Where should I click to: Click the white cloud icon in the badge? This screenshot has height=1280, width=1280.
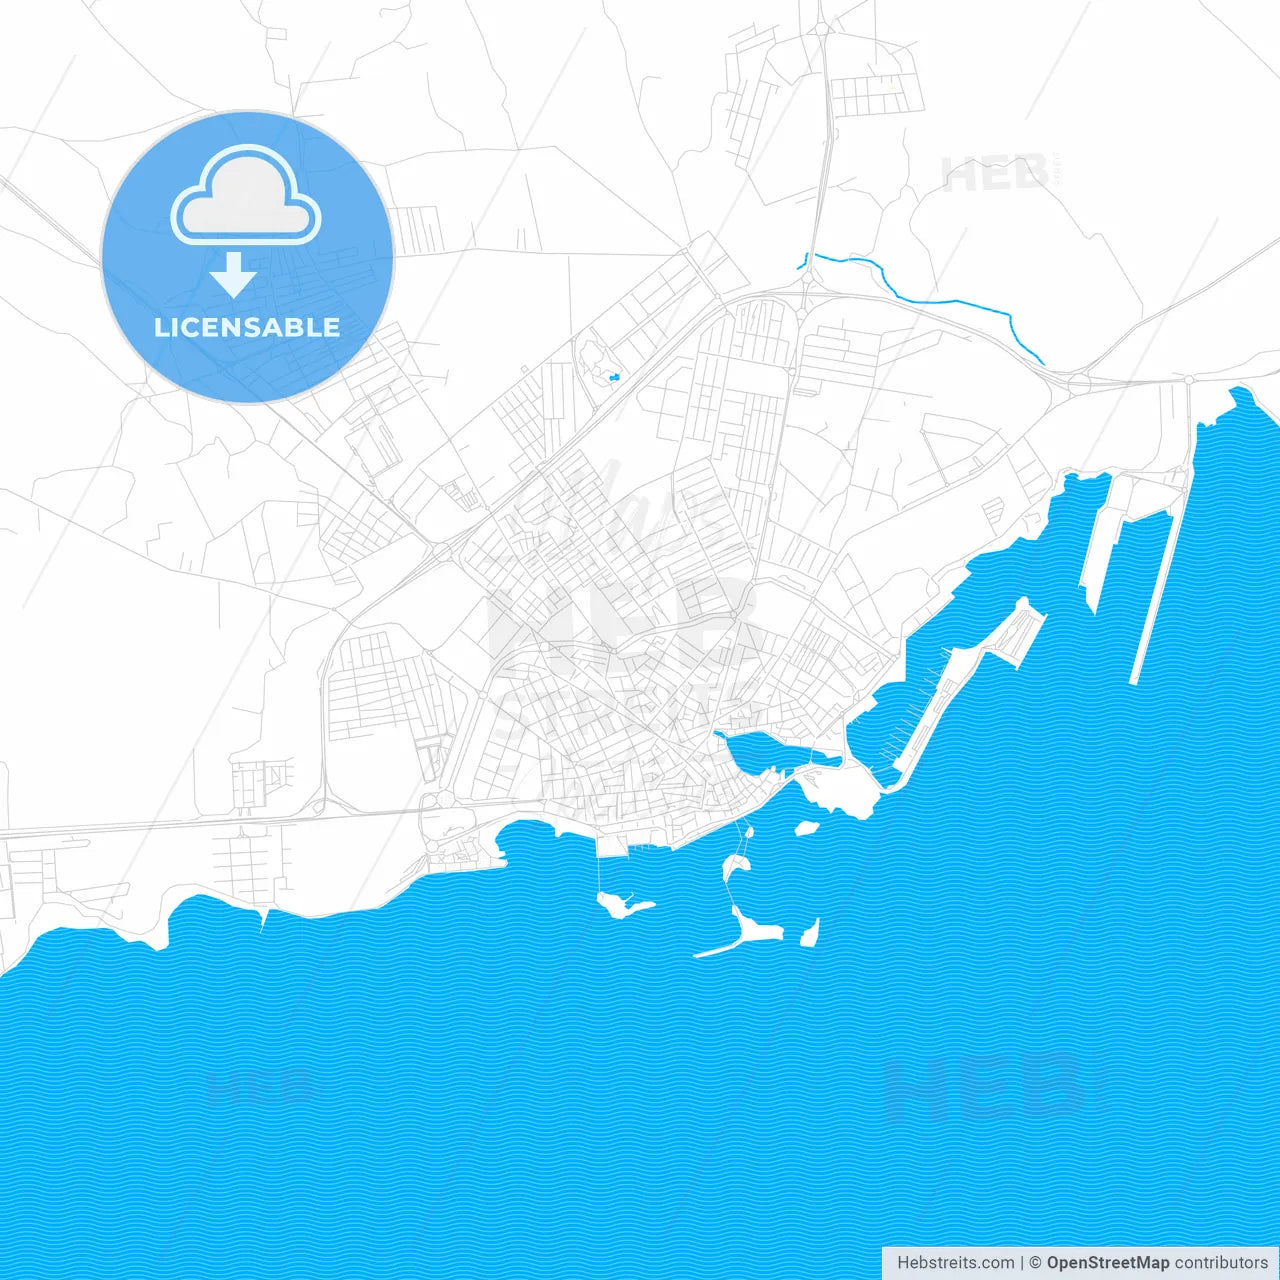point(246,196)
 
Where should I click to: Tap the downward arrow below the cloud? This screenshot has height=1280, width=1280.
point(233,275)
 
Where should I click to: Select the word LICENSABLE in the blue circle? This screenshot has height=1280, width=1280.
point(247,327)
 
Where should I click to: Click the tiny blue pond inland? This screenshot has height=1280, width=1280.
point(613,377)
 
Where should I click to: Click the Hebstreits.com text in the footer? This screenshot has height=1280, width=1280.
point(955,1263)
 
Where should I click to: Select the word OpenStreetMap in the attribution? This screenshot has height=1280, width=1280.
point(1107,1263)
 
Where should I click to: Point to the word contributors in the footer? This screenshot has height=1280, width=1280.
point(1221,1263)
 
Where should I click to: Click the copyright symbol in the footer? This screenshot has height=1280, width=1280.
point(1035,1263)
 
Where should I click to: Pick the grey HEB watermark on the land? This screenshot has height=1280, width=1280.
point(995,175)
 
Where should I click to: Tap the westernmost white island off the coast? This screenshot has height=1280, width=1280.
point(620,906)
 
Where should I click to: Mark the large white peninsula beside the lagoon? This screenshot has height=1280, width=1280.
point(840,790)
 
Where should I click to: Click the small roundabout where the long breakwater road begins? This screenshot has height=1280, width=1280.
point(1189,380)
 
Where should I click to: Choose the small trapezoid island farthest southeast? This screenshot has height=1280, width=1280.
point(810,933)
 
